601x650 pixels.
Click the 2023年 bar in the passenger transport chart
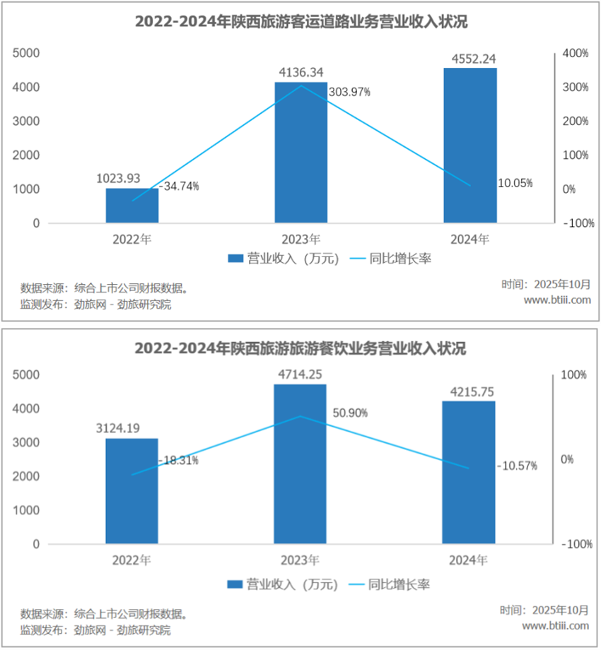pyautogui.click(x=300, y=153)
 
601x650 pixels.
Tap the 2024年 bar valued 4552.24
pyautogui.click(x=470, y=145)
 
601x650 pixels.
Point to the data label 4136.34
pyautogui.click(x=301, y=72)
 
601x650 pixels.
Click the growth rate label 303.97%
pyautogui.click(x=349, y=92)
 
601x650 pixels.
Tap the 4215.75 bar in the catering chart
pyautogui.click(x=469, y=473)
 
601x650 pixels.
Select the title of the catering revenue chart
pyautogui.click(x=300, y=348)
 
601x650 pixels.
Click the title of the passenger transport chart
pyautogui.click(x=300, y=22)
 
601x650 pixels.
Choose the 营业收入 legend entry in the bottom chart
pyautogui.click(x=283, y=584)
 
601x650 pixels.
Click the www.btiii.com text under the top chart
pyautogui.click(x=556, y=300)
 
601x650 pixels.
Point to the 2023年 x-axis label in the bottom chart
pyautogui.click(x=300, y=561)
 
